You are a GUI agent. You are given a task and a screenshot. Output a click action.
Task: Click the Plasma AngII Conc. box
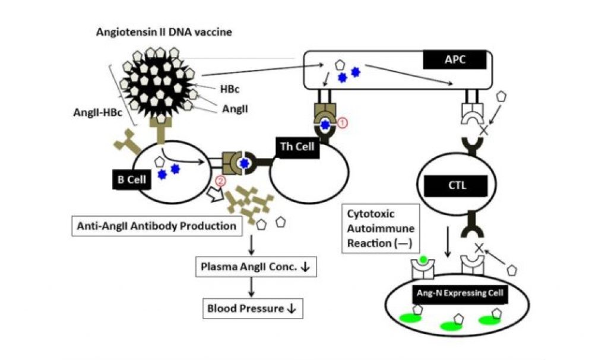click(x=256, y=267)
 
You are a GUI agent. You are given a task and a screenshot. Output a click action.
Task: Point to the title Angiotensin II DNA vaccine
click(x=164, y=31)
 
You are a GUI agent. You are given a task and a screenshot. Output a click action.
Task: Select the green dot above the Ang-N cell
click(x=422, y=260)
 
